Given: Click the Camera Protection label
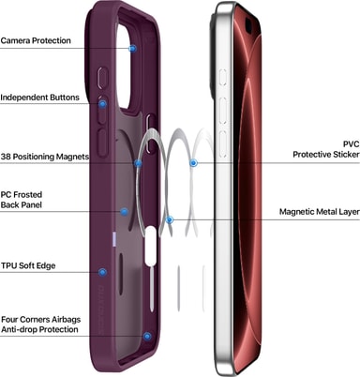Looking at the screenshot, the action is coord(36,40).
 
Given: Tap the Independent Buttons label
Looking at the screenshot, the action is coord(39,98).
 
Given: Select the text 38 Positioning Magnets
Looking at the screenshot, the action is coord(45,157).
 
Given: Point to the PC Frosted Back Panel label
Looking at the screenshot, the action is coord(22,200).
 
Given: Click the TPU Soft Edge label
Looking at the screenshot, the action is coord(28,265).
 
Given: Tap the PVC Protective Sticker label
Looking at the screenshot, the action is coord(326,149).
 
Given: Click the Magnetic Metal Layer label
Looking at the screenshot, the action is coord(320,212).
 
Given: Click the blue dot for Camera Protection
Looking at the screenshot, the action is coord(133,49).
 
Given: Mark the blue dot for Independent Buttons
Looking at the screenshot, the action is coord(102,104).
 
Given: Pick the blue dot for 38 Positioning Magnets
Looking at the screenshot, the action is coord(138,163).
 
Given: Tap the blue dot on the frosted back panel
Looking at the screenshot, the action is coord(124,212).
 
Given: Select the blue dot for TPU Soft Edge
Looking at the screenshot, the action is coord(102,272).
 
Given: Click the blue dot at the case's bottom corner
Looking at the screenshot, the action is coord(147,337).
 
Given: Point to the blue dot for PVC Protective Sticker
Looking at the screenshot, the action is coord(194,163).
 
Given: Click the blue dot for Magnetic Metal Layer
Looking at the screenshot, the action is coord(170,219).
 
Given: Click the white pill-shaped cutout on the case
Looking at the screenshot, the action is coord(151,245).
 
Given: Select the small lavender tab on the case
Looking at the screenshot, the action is coord(114,240).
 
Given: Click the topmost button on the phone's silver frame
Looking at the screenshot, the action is coord(223,77).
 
